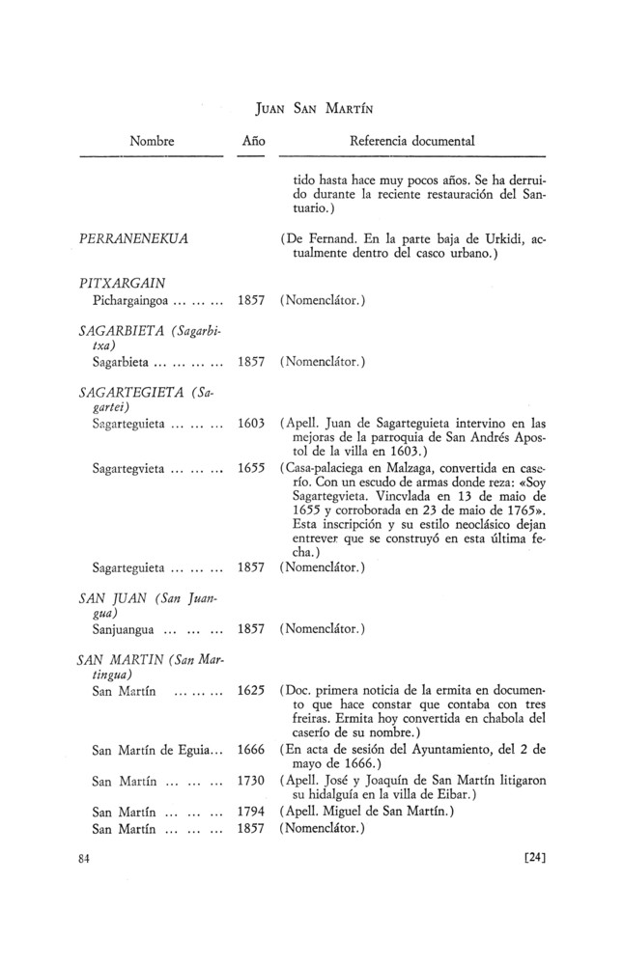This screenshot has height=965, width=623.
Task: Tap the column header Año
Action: [x=253, y=141]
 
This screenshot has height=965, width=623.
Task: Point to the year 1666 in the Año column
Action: [x=251, y=749]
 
